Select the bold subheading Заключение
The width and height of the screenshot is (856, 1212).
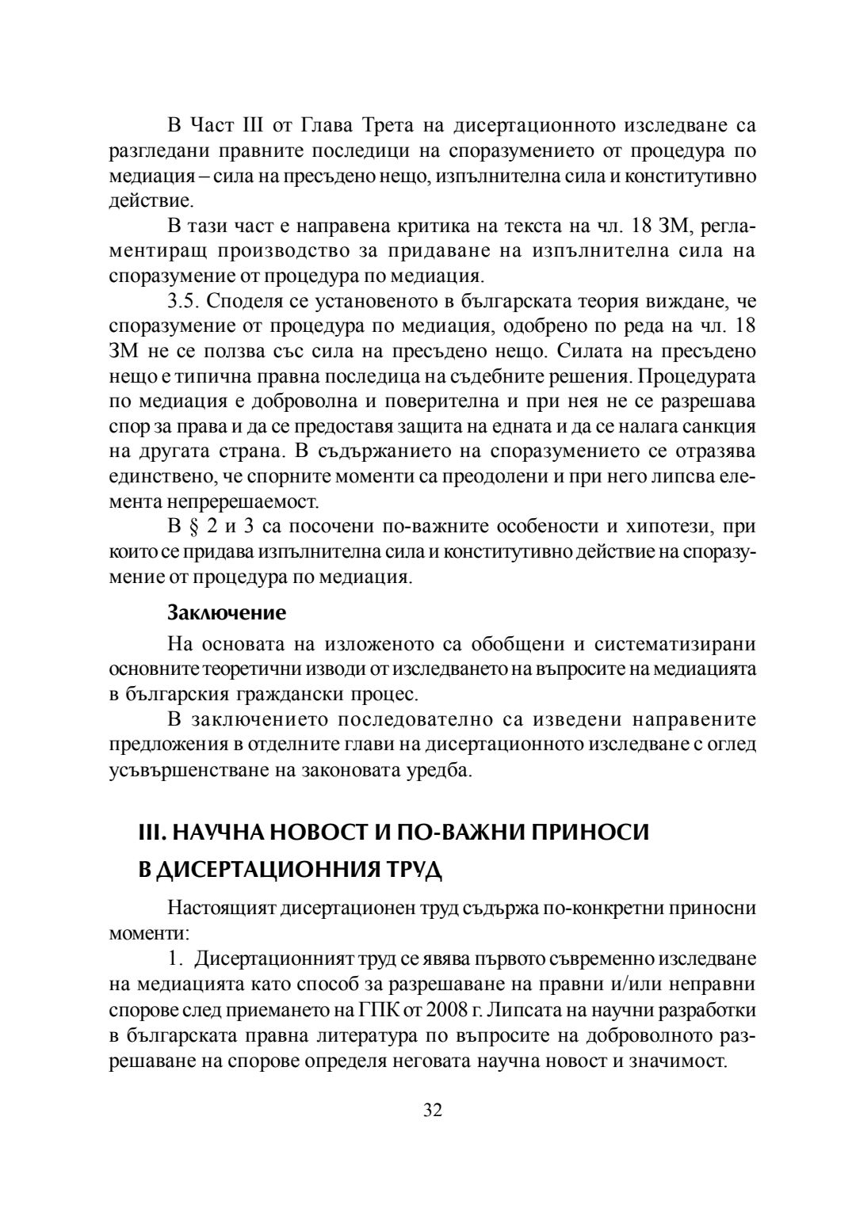pyautogui.click(x=226, y=612)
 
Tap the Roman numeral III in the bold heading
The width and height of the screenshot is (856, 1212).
pyautogui.click(x=150, y=833)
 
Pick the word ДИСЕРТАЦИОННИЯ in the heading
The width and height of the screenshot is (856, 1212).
pyautogui.click(x=262, y=871)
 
